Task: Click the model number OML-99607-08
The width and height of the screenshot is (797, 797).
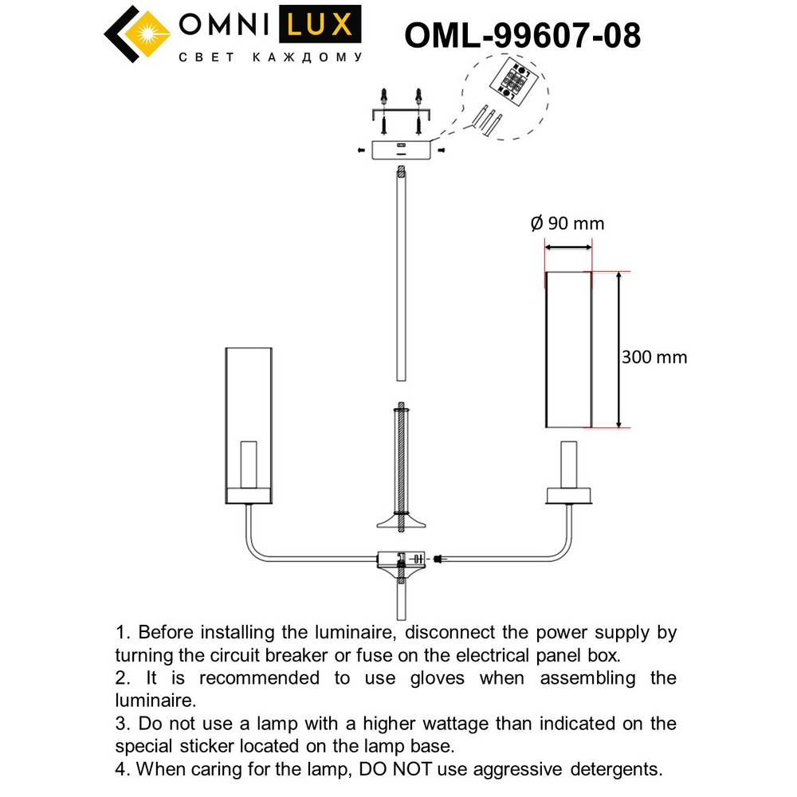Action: [x=523, y=35]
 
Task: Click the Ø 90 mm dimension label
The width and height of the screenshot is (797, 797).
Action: [x=567, y=224]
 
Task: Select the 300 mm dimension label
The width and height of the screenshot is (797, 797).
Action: [x=654, y=357]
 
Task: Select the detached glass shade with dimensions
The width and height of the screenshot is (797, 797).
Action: [x=568, y=349]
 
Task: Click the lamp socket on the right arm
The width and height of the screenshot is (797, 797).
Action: [x=568, y=464]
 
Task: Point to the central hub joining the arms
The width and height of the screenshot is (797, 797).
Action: [x=402, y=559]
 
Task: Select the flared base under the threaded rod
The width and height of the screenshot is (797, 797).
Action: [x=402, y=522]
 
